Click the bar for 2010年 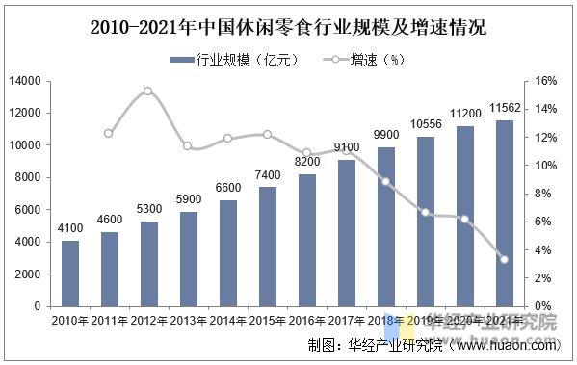click(70, 274)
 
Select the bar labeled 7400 click(268, 247)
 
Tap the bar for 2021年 click(504, 213)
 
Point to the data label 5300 click(149, 210)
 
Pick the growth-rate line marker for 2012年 click(148, 91)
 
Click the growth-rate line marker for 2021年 click(504, 259)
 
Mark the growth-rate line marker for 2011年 click(109, 134)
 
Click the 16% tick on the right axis click(546, 81)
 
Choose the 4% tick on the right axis click(543, 250)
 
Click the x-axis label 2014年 click(228, 321)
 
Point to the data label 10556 click(425, 124)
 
